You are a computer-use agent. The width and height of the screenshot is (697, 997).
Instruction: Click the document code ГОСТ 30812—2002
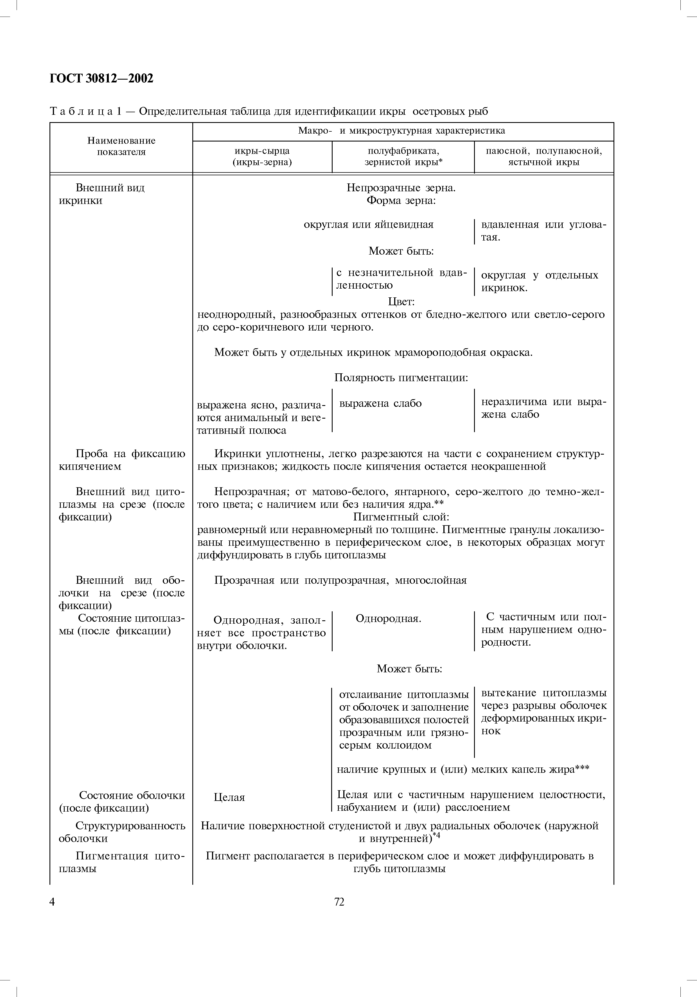tap(101, 78)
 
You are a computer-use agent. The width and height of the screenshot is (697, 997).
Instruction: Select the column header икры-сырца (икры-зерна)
tap(262, 157)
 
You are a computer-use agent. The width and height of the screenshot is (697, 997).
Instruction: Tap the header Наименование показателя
tap(121, 146)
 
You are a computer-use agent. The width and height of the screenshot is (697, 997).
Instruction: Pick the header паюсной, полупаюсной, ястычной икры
tap(543, 157)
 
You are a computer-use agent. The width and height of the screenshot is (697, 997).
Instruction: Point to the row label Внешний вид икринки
tap(102, 194)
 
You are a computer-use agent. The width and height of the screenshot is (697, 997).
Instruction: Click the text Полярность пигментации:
tap(401, 378)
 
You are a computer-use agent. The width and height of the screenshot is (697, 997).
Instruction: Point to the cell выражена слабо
tap(380, 403)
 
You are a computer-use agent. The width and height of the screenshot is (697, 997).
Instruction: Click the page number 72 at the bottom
tap(339, 902)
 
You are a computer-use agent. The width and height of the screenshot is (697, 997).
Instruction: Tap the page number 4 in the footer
tap(53, 902)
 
